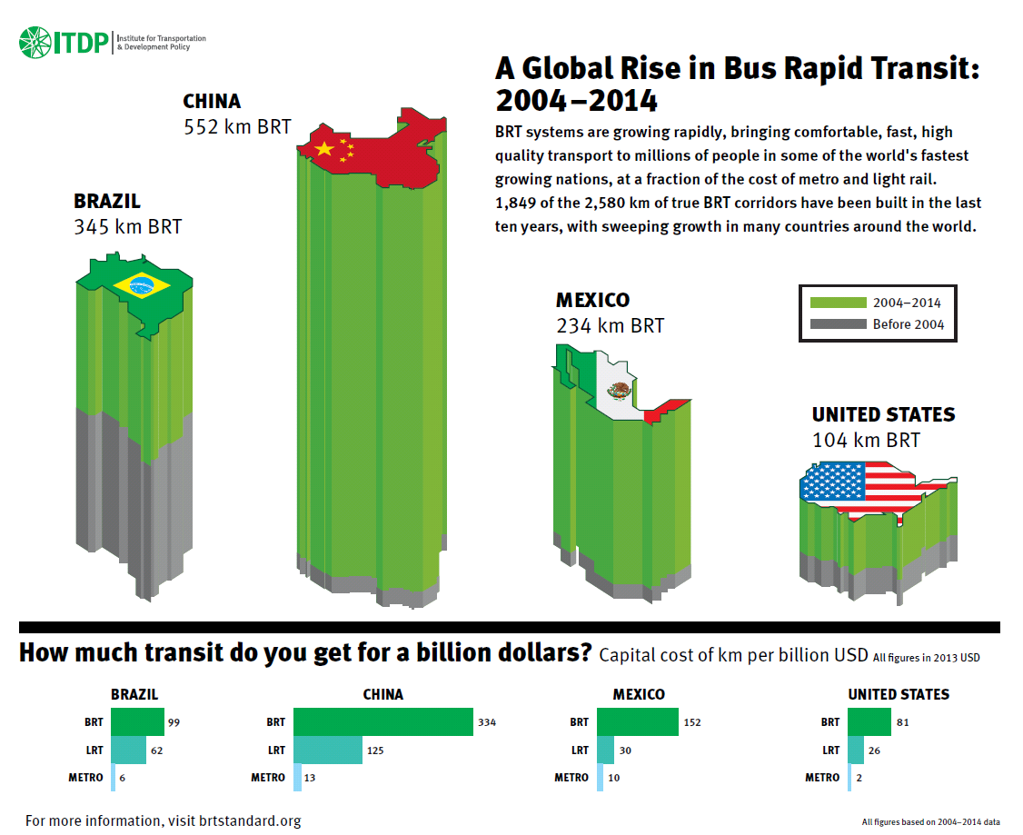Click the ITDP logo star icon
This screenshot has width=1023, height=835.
[x=35, y=42]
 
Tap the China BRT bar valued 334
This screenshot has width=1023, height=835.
[x=382, y=722]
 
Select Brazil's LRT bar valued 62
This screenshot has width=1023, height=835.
[x=128, y=751]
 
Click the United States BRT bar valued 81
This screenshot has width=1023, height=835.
[x=869, y=722]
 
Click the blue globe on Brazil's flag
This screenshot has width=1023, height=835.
[x=141, y=286]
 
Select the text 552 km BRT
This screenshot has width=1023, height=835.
[x=237, y=126]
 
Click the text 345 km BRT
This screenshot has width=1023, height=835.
[x=127, y=226]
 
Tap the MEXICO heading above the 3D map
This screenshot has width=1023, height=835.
[x=592, y=301]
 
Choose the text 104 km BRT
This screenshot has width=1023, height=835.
[x=866, y=441]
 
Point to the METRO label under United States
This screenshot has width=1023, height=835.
[x=822, y=778]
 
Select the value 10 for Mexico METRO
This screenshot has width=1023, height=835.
[x=615, y=778]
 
